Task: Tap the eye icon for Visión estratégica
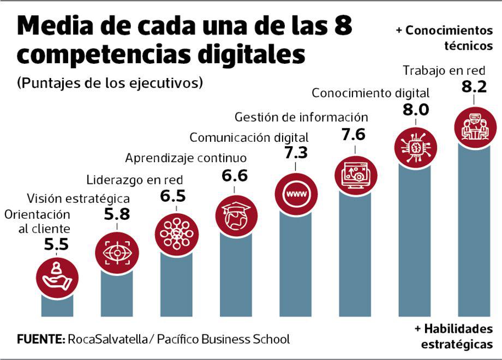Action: point(117,253)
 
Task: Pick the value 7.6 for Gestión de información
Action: point(354,134)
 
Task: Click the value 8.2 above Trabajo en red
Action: point(474,87)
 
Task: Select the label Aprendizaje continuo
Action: point(186,158)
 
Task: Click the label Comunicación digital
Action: point(249,137)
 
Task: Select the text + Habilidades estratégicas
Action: point(453,337)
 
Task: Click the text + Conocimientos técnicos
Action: point(445,38)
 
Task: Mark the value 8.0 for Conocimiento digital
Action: point(415,110)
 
